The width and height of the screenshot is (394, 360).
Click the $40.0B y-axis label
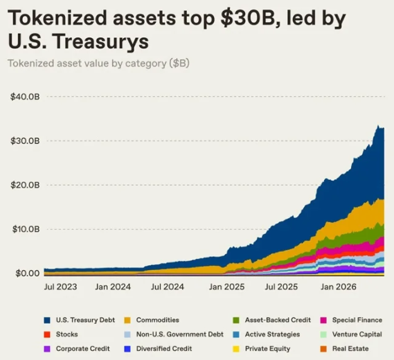coord(25,97)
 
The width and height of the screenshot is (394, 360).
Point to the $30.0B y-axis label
coord(25,141)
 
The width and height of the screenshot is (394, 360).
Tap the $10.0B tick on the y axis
coord(26,229)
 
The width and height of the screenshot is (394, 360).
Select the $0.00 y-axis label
coord(28,273)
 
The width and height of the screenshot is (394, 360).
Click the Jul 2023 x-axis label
coord(60,287)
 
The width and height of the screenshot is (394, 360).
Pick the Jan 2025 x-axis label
coord(226,287)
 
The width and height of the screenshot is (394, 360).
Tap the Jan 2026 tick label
coord(338,287)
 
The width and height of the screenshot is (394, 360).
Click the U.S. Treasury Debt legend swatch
coord(47,321)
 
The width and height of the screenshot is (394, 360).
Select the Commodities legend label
coord(158,320)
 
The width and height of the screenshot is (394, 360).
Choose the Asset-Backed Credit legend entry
coord(272,320)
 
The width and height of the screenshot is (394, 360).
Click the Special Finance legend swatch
coord(323,321)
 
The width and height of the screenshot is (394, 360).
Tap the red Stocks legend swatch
coord(47,334)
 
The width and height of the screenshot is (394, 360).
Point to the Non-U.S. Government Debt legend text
coord(179,334)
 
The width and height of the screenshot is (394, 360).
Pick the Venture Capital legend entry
coord(351,334)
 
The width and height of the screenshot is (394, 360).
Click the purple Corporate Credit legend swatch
coord(47,349)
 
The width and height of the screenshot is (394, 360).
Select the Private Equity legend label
coord(267,349)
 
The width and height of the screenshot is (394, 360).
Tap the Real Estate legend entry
coord(345,349)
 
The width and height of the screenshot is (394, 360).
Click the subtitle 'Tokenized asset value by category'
coord(87,63)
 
